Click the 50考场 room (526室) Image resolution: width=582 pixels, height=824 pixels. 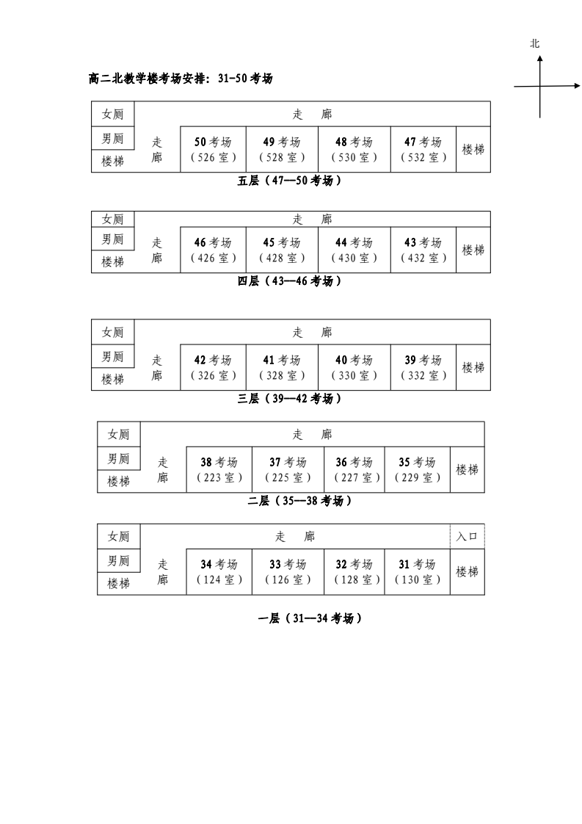click(x=213, y=149)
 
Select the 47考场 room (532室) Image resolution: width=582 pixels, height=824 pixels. click(x=423, y=149)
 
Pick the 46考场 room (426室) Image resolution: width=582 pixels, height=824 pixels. click(x=213, y=250)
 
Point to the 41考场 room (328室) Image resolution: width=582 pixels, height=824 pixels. click(x=282, y=367)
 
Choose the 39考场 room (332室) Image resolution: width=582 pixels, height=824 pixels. click(x=423, y=367)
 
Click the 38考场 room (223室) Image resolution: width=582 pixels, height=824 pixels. click(x=219, y=469)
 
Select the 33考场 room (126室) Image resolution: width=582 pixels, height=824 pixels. click(x=288, y=571)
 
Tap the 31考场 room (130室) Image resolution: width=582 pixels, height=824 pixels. click(x=418, y=571)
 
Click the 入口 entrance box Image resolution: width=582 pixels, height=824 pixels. click(x=468, y=536)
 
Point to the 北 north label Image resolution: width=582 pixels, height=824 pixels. click(x=535, y=44)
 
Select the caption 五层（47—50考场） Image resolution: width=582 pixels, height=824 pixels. click(x=290, y=181)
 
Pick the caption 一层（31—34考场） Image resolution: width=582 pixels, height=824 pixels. click(x=310, y=618)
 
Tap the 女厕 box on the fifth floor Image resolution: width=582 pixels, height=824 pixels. click(x=113, y=114)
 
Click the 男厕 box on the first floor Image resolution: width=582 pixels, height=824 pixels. click(x=119, y=560)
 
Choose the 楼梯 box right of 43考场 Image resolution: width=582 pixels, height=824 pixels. click(x=473, y=250)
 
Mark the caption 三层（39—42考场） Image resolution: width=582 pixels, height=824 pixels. click(x=290, y=398)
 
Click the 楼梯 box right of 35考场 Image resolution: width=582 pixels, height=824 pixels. click(x=468, y=469)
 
